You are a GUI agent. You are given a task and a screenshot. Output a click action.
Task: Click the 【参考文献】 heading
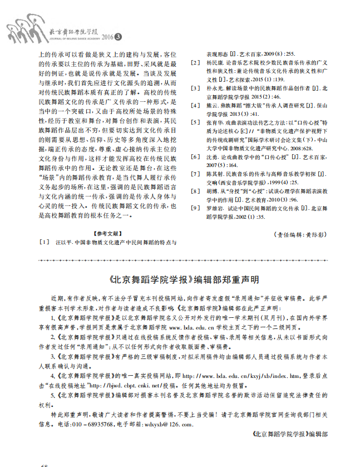point(109,233)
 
